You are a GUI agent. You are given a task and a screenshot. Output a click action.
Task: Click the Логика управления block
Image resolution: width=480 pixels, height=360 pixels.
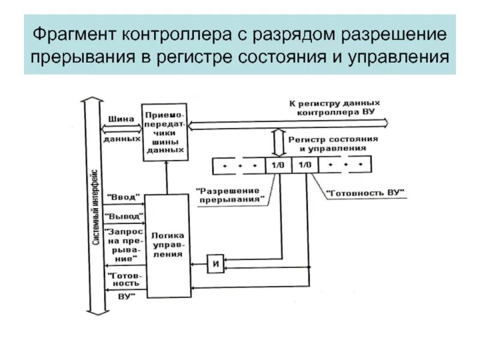click(167, 244)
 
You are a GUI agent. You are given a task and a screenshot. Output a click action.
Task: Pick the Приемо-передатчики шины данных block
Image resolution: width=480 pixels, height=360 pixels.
click(165, 132)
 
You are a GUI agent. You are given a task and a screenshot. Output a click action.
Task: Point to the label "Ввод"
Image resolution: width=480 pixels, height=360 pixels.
click(125, 197)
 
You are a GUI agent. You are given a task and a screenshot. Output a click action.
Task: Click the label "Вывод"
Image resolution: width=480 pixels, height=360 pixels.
click(125, 215)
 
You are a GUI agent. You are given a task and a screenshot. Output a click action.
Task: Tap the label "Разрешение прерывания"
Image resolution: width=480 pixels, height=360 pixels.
click(230, 194)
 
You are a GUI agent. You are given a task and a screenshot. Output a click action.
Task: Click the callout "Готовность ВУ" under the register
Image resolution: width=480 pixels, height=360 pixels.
click(365, 193)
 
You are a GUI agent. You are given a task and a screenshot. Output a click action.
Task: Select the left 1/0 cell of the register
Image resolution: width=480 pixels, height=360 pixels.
click(278, 164)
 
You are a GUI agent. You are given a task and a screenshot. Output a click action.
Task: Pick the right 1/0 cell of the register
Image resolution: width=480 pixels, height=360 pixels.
click(305, 164)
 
